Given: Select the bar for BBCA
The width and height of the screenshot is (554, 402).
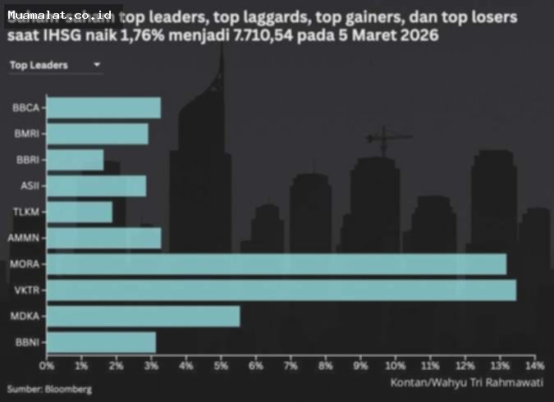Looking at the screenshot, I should click(x=103, y=107).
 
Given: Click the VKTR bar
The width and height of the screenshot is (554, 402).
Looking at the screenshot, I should click(x=281, y=290).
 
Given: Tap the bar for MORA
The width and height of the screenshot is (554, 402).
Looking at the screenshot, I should click(x=276, y=264).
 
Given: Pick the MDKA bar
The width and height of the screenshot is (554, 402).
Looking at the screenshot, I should click(x=143, y=317).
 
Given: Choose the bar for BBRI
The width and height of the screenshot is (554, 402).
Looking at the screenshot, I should click(x=75, y=160).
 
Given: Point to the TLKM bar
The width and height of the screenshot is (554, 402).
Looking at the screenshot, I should click(x=79, y=212).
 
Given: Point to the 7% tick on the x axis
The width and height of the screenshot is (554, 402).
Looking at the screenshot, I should click(x=291, y=365).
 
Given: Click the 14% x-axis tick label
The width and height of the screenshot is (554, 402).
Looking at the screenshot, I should click(x=533, y=365).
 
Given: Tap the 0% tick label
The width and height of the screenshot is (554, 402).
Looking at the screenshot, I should click(x=47, y=365).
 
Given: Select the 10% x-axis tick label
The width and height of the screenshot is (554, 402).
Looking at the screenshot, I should click(x=395, y=365).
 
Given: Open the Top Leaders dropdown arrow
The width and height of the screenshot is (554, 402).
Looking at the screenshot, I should click(x=97, y=65).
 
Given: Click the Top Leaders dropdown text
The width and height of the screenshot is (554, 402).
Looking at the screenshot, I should click(x=39, y=66).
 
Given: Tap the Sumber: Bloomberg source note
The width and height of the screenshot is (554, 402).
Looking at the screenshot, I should click(x=49, y=388).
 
